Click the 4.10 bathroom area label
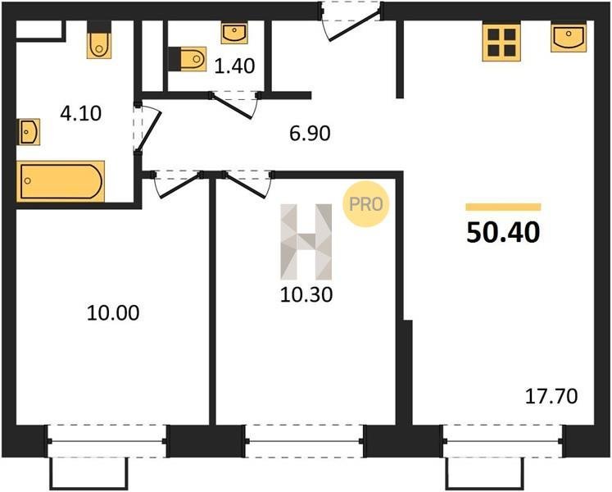81,114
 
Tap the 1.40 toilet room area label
235,66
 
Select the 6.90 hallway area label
310,134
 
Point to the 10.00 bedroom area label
113,313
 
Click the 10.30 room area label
306,295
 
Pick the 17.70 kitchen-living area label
551,397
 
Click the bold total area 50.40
503,233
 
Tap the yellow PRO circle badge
366,204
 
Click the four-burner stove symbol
501,43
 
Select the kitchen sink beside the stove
569,38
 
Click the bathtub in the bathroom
61,181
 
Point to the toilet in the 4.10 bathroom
99,40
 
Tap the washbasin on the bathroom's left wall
29,132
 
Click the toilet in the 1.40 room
188,59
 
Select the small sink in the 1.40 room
234,33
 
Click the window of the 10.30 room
305,441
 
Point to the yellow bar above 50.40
503,207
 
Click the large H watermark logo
306,242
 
